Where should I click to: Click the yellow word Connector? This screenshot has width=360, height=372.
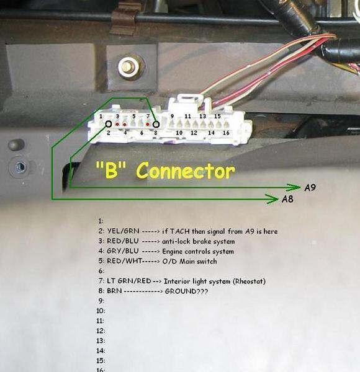[x=186, y=170]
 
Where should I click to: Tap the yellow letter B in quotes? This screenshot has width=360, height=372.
[x=111, y=170]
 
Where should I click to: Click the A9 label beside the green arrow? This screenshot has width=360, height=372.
[x=310, y=188]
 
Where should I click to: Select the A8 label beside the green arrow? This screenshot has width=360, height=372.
[x=287, y=199]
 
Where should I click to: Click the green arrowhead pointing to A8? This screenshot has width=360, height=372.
[x=272, y=199]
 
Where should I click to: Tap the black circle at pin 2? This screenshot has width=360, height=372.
[x=108, y=124]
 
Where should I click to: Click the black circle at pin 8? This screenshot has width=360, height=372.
[x=156, y=125]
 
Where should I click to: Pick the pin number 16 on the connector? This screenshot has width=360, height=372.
[x=226, y=133]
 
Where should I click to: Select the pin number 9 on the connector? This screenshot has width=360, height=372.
[x=172, y=117]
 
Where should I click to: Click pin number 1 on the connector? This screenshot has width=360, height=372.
[x=101, y=117]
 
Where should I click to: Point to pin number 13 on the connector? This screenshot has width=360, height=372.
[x=202, y=117]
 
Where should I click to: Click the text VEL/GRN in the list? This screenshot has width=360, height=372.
[x=123, y=231]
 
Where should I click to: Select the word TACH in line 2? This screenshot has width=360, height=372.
[x=179, y=231]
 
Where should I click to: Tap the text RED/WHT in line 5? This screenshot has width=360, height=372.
[x=124, y=261]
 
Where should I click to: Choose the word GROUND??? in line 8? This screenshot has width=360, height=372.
[x=186, y=291]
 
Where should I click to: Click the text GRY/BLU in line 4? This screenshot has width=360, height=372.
[x=122, y=251]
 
